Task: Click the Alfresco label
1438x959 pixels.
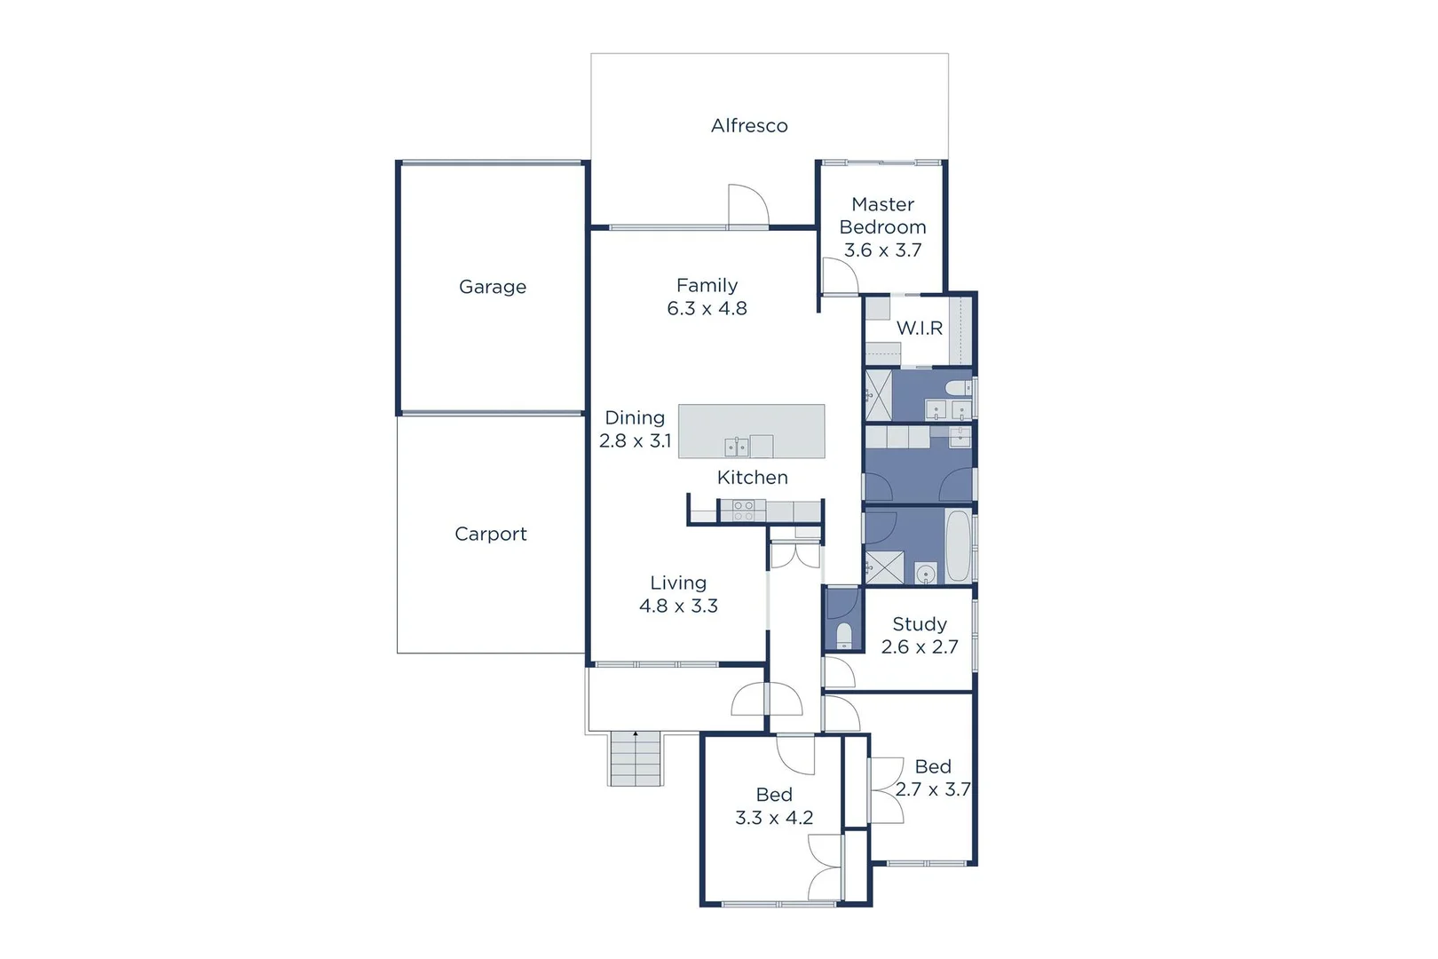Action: [749, 126]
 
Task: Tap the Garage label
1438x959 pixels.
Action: [493, 287]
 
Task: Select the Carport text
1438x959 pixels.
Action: [491, 534]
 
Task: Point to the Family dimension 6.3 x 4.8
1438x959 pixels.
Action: [707, 309]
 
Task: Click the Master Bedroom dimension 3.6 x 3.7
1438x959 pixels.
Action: [882, 250]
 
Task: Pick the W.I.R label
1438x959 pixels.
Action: [920, 329]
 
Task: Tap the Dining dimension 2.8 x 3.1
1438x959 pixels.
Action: [636, 441]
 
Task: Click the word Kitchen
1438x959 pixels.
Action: [753, 478]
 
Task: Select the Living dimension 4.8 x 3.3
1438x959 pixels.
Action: [679, 606]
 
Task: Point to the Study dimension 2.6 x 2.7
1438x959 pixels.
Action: [920, 647]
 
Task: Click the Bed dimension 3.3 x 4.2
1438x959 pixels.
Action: [774, 818]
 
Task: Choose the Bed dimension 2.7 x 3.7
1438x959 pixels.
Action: [933, 789]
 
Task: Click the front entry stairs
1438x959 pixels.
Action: [636, 759]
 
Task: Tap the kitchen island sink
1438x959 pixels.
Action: [736, 446]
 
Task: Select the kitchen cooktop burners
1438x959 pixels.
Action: [743, 511]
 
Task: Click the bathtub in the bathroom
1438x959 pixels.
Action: [958, 544]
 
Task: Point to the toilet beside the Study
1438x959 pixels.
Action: [844, 636]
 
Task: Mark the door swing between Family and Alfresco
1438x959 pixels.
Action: [747, 206]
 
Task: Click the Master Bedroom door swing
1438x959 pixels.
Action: [838, 276]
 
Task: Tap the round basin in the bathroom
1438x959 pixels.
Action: [926, 573]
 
